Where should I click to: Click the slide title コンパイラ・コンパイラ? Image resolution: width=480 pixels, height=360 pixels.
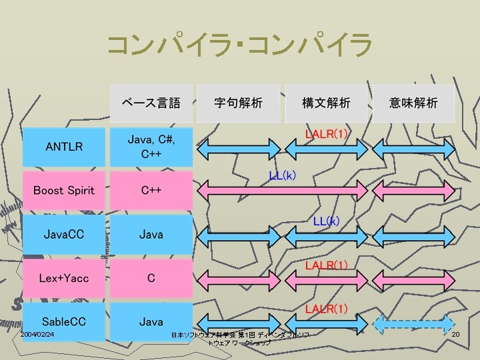[x=239, y=46]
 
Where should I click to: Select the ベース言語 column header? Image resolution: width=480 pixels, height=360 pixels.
[x=151, y=103]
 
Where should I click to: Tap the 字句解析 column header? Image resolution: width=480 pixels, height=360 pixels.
[x=238, y=103]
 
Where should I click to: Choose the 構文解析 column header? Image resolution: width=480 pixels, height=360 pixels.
[x=326, y=103]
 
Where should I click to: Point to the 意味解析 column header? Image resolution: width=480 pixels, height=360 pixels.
[x=413, y=103]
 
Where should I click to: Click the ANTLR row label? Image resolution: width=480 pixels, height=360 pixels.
[x=64, y=147]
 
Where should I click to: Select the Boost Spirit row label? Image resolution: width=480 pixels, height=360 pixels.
[x=64, y=191]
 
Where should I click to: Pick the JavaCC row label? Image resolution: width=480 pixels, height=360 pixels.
[x=64, y=235]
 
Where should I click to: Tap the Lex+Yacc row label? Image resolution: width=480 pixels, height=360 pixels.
[x=64, y=278]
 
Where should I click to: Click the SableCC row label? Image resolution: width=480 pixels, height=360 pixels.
[x=64, y=321]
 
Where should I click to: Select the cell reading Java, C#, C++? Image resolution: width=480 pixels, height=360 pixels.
[x=151, y=147]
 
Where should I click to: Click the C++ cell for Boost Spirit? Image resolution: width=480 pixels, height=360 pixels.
[x=151, y=191]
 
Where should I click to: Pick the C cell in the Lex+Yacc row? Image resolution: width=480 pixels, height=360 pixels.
[x=151, y=278]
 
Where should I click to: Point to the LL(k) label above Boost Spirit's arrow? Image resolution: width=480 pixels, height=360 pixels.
[x=283, y=176]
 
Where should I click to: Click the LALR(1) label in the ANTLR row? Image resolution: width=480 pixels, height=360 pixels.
[x=326, y=134]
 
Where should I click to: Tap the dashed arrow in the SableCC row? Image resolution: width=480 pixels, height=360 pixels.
[x=413, y=324]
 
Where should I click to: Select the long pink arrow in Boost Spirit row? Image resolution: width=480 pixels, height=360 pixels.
[x=283, y=192]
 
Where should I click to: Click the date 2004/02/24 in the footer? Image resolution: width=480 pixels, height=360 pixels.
[x=37, y=334]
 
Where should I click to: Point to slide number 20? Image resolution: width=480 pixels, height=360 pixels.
[x=456, y=334]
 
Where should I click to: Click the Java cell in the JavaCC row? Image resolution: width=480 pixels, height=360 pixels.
[x=151, y=235]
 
